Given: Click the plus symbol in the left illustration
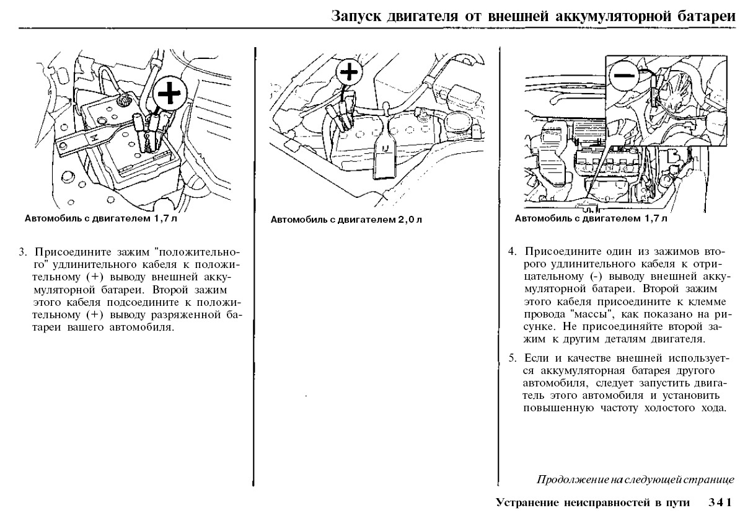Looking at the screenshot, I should pyautogui.click(x=167, y=95).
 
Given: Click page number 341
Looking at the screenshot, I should pyautogui.click(x=721, y=501).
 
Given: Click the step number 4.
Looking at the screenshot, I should pyautogui.click(x=512, y=252).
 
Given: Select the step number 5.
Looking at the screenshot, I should pyautogui.click(x=512, y=359).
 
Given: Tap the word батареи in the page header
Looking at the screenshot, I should pyautogui.click(x=703, y=15).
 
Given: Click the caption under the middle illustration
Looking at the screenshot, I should pyautogui.click(x=346, y=219).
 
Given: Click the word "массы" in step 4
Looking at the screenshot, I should pyautogui.click(x=587, y=314).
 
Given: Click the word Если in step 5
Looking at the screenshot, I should pyautogui.click(x=534, y=359).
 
